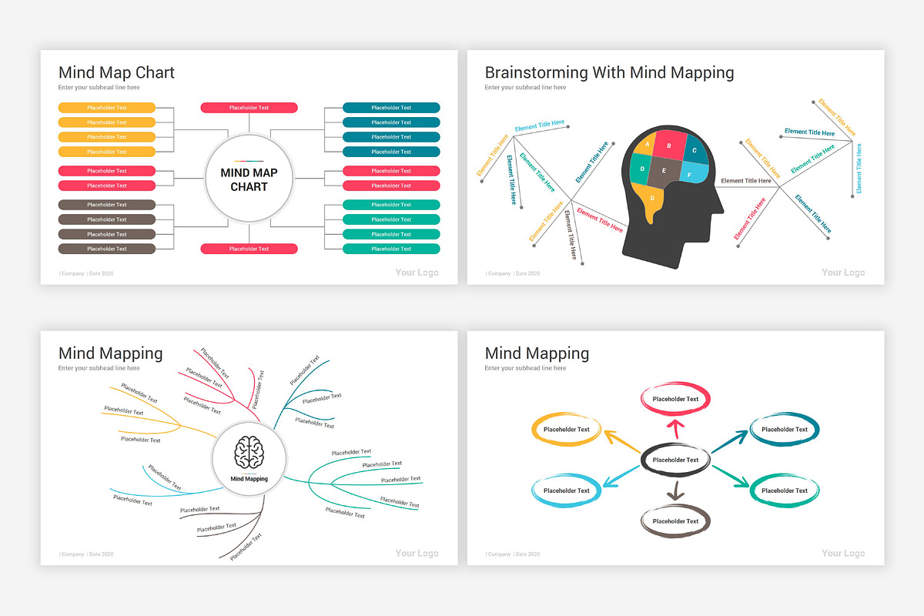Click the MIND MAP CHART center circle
pyautogui.click(x=249, y=179)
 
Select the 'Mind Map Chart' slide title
pyautogui.click(x=116, y=72)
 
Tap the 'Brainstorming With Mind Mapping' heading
pyautogui.click(x=609, y=72)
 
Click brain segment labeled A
pyautogui.click(x=648, y=144)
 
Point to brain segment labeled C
pyautogui.click(x=695, y=150)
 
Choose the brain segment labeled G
pyautogui.click(x=653, y=199)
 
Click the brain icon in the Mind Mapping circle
pyautogui.click(x=249, y=452)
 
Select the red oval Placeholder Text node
pyautogui.click(x=675, y=399)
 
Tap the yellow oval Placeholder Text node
pyautogui.click(x=566, y=429)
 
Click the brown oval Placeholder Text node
pyautogui.click(x=675, y=521)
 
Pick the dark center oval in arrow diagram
pyautogui.click(x=675, y=460)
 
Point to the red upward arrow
pyautogui.click(x=675, y=430)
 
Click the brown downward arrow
pyautogui.click(x=675, y=490)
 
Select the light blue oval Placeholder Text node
pyautogui.click(x=566, y=490)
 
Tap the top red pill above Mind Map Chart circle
pyautogui.click(x=249, y=108)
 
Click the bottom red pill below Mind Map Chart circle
pyautogui.click(x=249, y=249)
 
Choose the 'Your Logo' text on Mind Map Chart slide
pyautogui.click(x=417, y=273)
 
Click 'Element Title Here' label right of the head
pyautogui.click(x=745, y=181)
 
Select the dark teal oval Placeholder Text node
pyautogui.click(x=785, y=429)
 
